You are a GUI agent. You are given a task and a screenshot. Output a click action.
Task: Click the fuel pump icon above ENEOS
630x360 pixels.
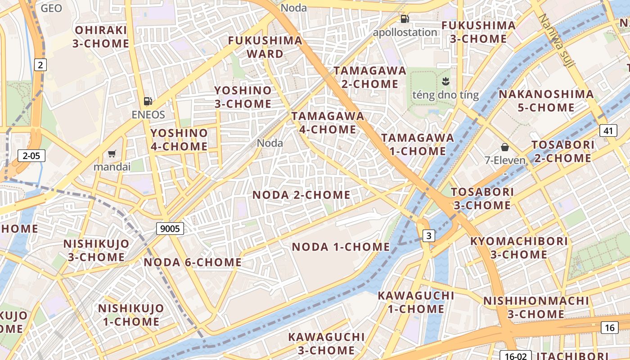tap(148, 101)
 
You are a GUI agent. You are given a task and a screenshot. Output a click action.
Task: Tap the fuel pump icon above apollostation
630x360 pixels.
tap(405, 19)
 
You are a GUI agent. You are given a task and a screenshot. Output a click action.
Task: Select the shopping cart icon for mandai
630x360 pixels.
tap(112, 154)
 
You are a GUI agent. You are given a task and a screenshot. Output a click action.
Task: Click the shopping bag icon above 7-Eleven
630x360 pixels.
tap(505, 147)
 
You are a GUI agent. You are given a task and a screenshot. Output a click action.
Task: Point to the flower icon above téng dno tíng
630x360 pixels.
tap(445, 81)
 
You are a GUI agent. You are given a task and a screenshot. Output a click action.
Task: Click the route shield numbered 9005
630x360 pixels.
tap(171, 229)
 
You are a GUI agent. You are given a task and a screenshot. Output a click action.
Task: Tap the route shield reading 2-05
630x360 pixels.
tap(31, 156)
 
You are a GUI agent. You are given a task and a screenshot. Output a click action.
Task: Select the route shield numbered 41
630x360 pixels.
tap(608, 131)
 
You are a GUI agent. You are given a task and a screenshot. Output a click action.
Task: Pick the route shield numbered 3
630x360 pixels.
tap(429, 235)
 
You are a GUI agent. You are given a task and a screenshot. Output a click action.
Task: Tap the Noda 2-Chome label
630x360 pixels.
tap(301, 195)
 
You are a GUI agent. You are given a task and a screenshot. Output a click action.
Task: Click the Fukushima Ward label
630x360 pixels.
tap(265, 47)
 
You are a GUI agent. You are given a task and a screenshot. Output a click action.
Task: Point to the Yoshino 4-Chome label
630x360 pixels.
tap(179, 139)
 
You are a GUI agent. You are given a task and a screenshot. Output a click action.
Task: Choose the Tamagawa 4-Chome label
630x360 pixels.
tap(328, 122)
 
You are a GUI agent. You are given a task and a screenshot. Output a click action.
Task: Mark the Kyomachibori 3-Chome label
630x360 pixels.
tap(519, 247)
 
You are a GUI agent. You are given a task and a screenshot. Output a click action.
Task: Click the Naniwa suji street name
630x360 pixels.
tap(557, 40)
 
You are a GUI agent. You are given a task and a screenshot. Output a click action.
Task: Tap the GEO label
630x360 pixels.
tap(51, 8)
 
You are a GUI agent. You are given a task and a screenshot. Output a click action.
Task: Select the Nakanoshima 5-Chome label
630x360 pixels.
tap(546, 101)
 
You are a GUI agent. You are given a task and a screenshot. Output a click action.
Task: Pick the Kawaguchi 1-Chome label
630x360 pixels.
tap(416, 302)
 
